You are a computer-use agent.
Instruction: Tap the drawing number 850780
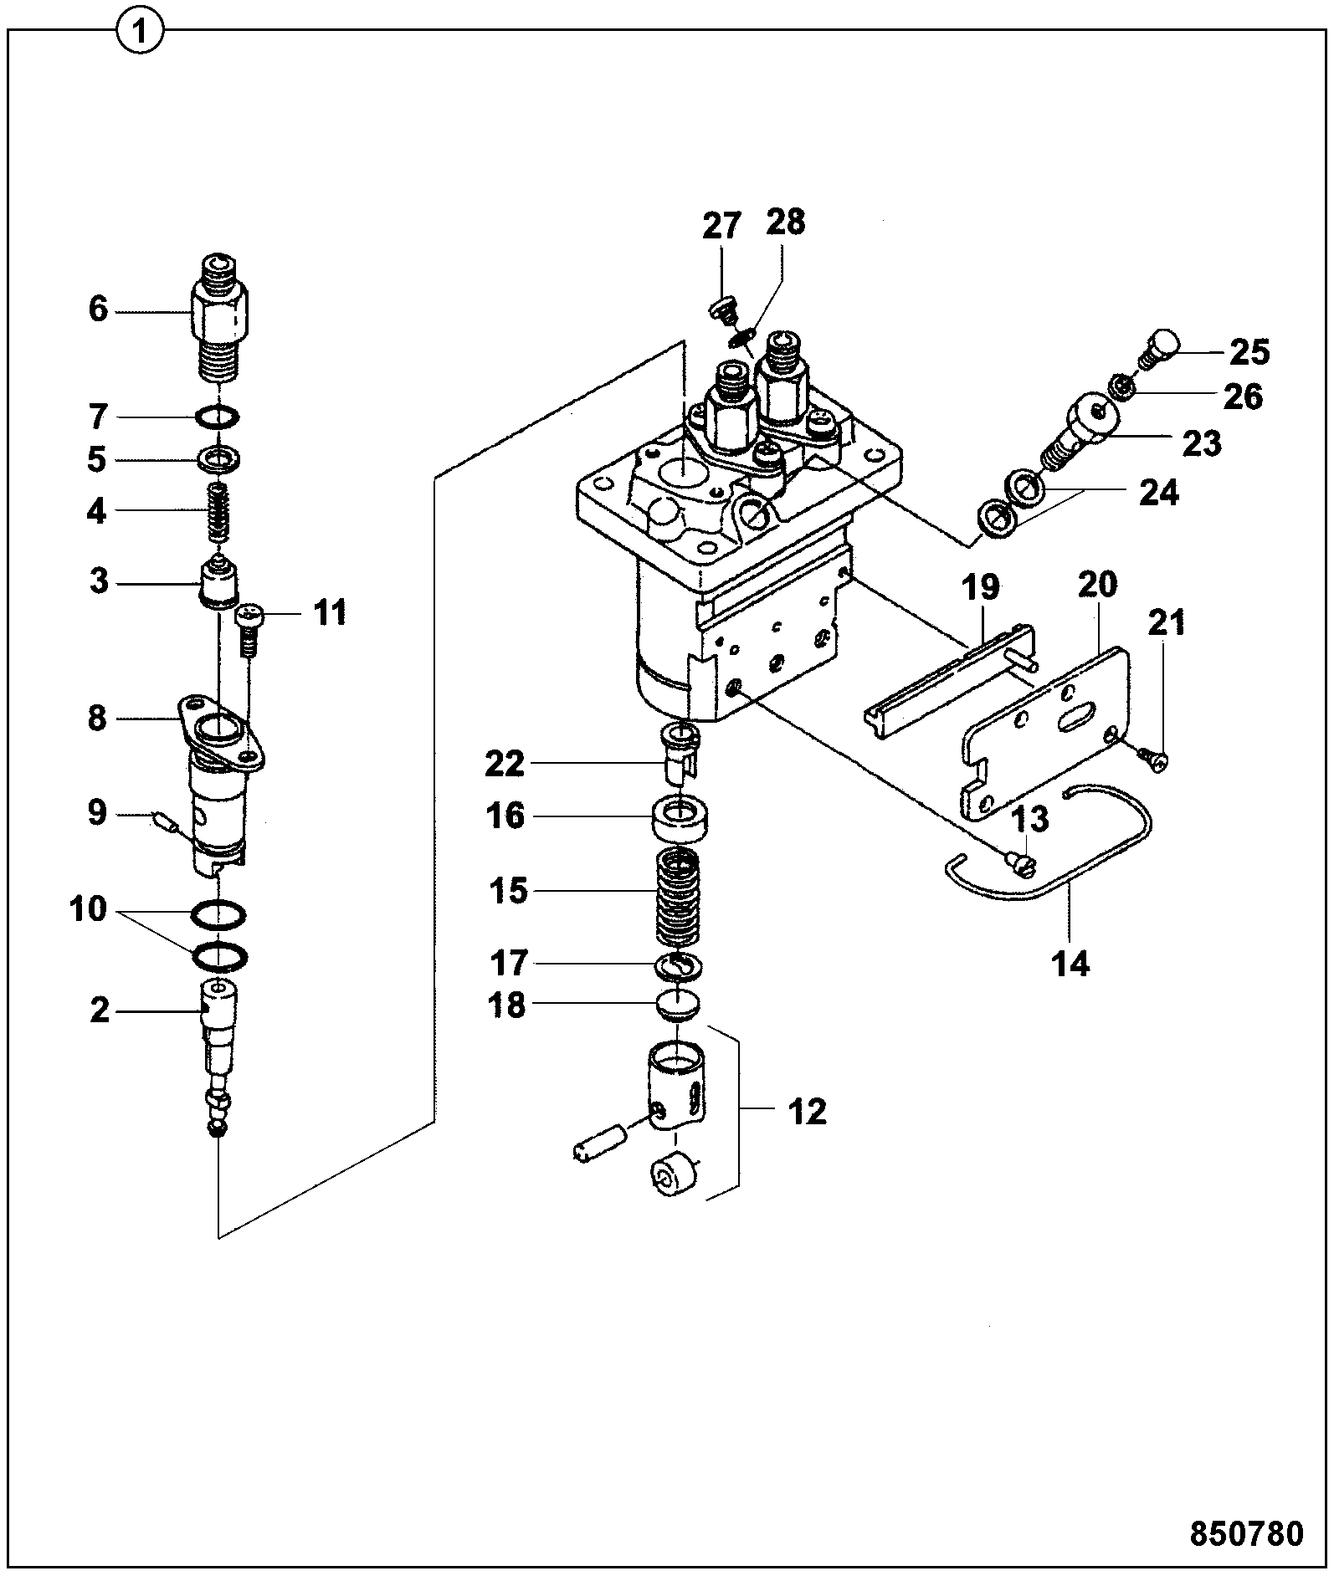point(1247,1534)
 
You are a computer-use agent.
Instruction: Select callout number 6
point(98,310)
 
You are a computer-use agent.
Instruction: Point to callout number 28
point(784,223)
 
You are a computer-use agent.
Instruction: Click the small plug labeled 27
point(721,312)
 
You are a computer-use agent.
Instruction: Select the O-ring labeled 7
point(220,416)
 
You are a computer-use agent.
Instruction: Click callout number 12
point(806,1113)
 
